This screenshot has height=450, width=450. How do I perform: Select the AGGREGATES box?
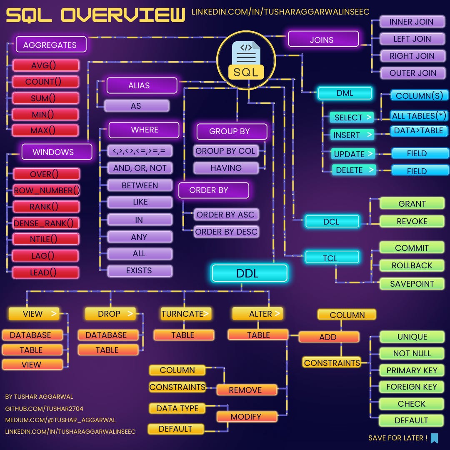pos(51,45)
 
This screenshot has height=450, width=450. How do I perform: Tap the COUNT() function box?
pos(45,82)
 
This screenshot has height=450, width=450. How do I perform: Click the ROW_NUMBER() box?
pos(46,190)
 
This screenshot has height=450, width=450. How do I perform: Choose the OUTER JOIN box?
pos(412,73)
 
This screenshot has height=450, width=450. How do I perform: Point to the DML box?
pos(345,93)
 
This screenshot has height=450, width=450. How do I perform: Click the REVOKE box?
pos(412,221)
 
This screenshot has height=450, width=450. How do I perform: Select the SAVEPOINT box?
pos(412,284)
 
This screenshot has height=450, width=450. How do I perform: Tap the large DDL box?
pos(249,273)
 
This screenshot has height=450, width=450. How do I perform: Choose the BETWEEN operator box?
pos(140,185)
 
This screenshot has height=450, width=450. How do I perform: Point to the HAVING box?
pos(226,168)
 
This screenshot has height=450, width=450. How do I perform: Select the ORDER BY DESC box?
pos(226,232)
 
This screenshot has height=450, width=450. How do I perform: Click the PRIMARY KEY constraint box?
pos(412,370)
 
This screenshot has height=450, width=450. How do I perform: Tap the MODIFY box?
pos(247,417)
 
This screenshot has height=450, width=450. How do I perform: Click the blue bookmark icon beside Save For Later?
pos(434,438)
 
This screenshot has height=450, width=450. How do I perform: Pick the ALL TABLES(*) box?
pos(419,116)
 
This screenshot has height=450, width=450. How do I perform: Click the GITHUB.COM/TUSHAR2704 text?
pos(44,409)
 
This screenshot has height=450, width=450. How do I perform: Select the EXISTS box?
pos(140,271)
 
